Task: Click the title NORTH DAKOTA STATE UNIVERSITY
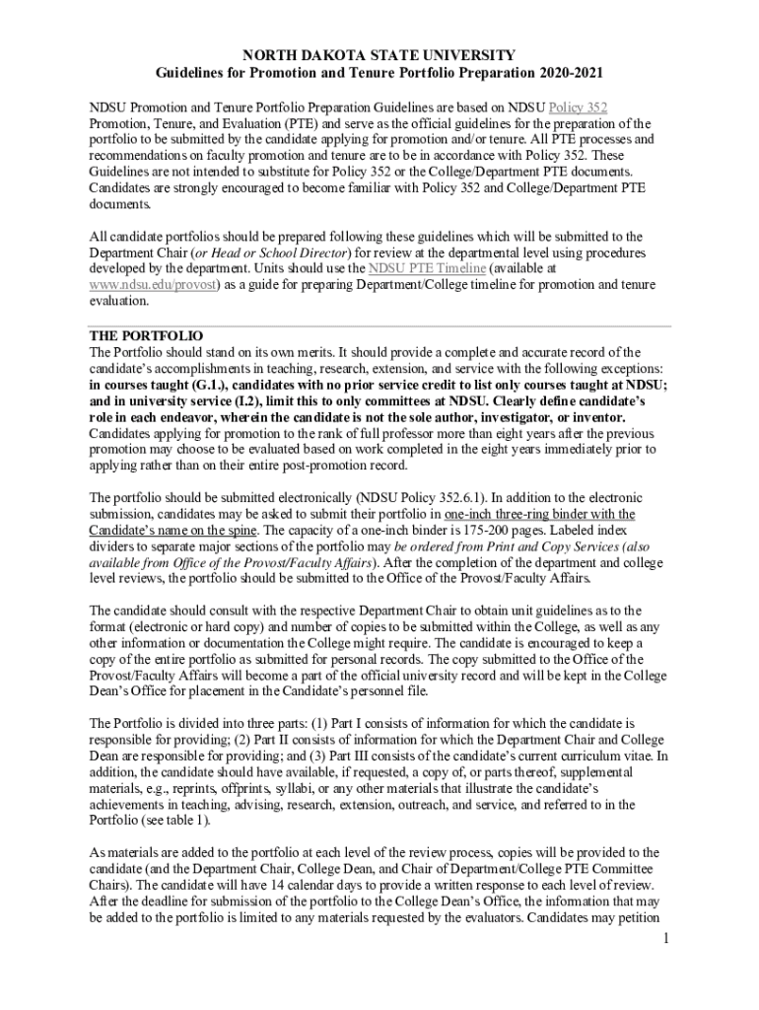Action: (379, 55)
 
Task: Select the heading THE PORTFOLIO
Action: (146, 335)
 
